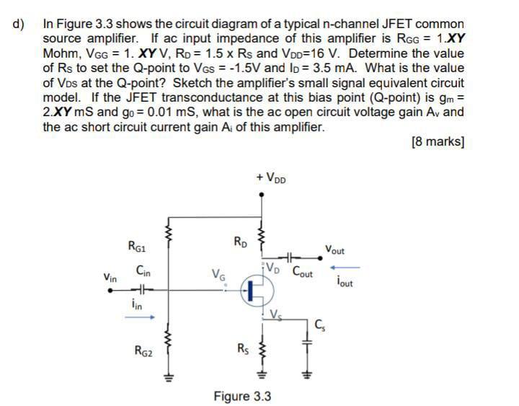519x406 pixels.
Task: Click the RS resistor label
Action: pyautogui.click(x=244, y=351)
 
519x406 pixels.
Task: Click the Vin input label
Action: pyautogui.click(x=110, y=277)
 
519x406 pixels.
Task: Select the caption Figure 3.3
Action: pyautogui.click(x=242, y=396)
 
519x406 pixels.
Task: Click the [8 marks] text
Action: pyautogui.click(x=438, y=142)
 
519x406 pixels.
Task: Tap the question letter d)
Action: pyautogui.click(x=18, y=24)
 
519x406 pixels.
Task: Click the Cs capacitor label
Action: pyautogui.click(x=322, y=321)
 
